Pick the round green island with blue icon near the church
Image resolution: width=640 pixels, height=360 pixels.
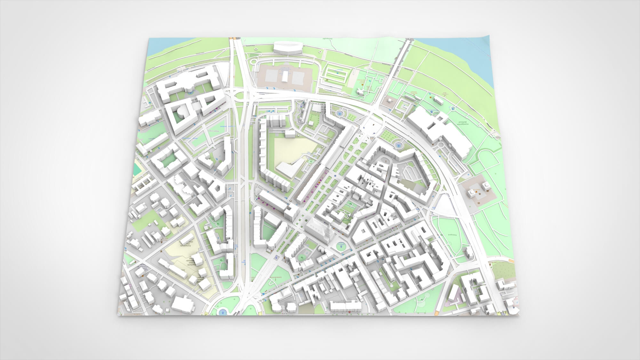[x=341, y=246]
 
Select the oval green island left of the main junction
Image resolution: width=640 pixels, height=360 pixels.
[x=340, y=113]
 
